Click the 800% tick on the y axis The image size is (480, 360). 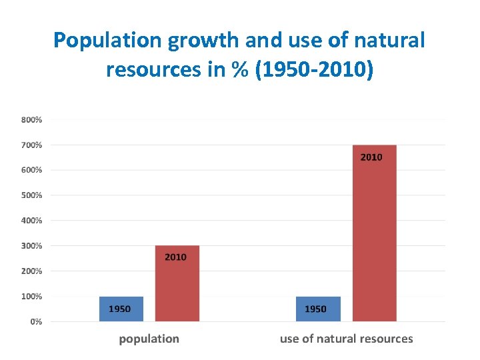tap(31, 120)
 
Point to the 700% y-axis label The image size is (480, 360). tap(31, 145)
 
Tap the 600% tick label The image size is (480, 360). tap(31, 170)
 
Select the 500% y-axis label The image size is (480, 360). tap(31, 195)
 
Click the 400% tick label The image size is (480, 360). tap(31, 220)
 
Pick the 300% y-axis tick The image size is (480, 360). tap(31, 245)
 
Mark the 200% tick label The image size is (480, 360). tap(31, 271)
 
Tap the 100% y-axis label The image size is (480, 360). tap(31, 296)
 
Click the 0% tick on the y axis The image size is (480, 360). tap(35, 321)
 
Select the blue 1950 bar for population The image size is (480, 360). tap(121, 309)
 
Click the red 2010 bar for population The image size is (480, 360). tap(177, 283)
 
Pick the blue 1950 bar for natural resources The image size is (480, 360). tap(317, 309)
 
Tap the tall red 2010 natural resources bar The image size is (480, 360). tap(374, 233)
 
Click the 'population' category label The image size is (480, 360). tap(149, 339)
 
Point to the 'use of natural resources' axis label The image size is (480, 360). tap(346, 339)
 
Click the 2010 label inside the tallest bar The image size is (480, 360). tap(371, 157)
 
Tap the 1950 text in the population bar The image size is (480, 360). tap(120, 309)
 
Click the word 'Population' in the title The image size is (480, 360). tap(107, 41)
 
